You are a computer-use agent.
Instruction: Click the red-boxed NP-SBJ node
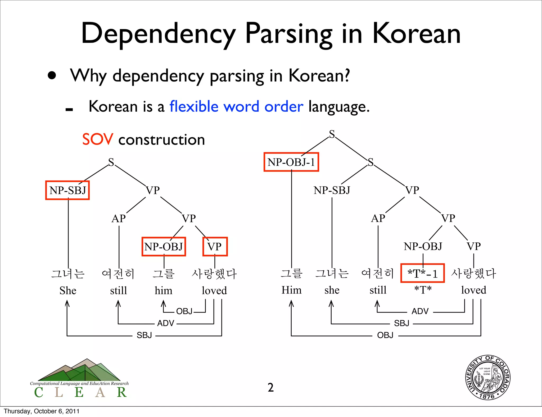point(67,190)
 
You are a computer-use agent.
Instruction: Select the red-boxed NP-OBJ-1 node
point(291,162)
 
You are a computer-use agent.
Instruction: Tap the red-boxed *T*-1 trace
point(422,273)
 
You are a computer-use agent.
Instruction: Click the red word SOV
point(98,139)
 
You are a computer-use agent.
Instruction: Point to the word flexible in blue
point(194,106)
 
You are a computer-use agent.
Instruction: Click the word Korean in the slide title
point(417,34)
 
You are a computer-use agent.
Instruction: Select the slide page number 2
point(270,388)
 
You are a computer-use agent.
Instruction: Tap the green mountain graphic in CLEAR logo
point(79,370)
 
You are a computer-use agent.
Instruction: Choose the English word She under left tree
point(68,291)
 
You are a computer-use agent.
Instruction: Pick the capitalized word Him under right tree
point(291,290)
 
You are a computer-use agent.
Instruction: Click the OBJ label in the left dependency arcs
point(184,311)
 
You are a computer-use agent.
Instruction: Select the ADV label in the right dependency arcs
point(420,311)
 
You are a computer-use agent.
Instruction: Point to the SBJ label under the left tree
point(144,335)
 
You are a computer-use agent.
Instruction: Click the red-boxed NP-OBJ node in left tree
point(164,247)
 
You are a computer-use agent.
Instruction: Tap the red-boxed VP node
point(215,247)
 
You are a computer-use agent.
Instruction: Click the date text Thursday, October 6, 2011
point(42,411)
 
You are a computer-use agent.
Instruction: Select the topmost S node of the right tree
point(332,134)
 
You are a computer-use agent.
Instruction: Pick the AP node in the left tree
point(119,219)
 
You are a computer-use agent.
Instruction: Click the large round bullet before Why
point(52,75)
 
